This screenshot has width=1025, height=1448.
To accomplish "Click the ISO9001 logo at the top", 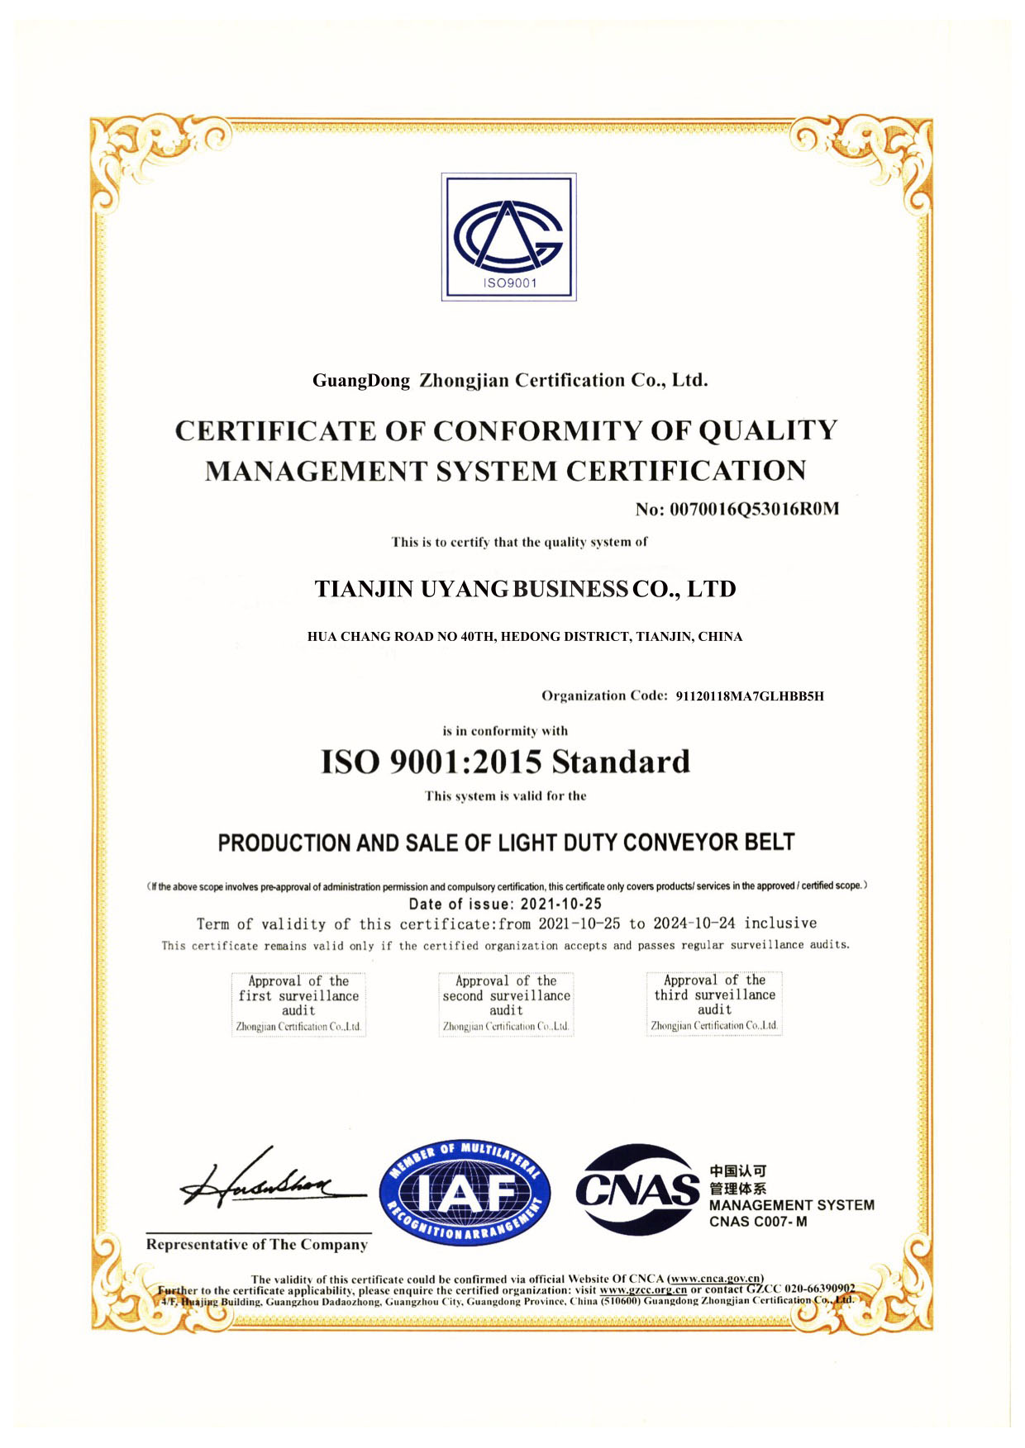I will pyautogui.click(x=508, y=237).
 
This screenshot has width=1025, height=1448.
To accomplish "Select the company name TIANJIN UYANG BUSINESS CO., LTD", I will pyautogui.click(x=525, y=589).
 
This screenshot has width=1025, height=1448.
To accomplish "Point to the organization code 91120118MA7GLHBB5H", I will pyautogui.click(x=750, y=696).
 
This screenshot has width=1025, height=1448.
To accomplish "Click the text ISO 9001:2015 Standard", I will pyautogui.click(x=505, y=762).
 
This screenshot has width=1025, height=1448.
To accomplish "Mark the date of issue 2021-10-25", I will pyautogui.click(x=561, y=904).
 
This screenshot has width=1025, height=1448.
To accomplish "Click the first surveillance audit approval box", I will pyautogui.click(x=298, y=1003).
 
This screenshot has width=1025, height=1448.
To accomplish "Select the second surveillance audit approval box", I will pyautogui.click(x=506, y=1003).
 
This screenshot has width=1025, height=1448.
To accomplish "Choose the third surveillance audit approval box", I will pyautogui.click(x=714, y=1002).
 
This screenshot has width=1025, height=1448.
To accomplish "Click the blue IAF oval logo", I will pyautogui.click(x=465, y=1190).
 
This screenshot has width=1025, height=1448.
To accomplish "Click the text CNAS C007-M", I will pyautogui.click(x=758, y=1222).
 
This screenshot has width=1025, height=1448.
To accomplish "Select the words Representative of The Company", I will pyautogui.click(x=257, y=1245).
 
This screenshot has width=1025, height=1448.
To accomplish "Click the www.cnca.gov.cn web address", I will pyautogui.click(x=715, y=1279).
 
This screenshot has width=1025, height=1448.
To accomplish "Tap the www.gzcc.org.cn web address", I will pyautogui.click(x=643, y=1289).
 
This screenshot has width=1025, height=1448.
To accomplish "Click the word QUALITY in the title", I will pyautogui.click(x=768, y=430).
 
